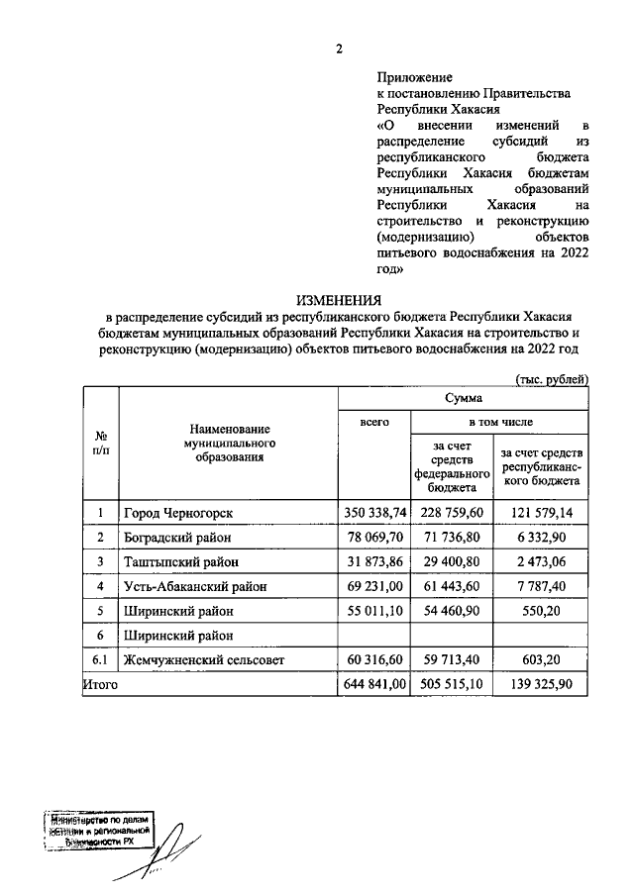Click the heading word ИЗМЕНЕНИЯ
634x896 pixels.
click(340, 301)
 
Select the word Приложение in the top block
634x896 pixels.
click(415, 76)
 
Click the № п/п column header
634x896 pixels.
click(101, 442)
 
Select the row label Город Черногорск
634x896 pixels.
click(178, 512)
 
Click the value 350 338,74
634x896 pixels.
click(375, 512)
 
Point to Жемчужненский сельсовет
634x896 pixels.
click(202, 659)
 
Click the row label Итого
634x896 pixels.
click(101, 684)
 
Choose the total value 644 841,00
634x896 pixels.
click(375, 684)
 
